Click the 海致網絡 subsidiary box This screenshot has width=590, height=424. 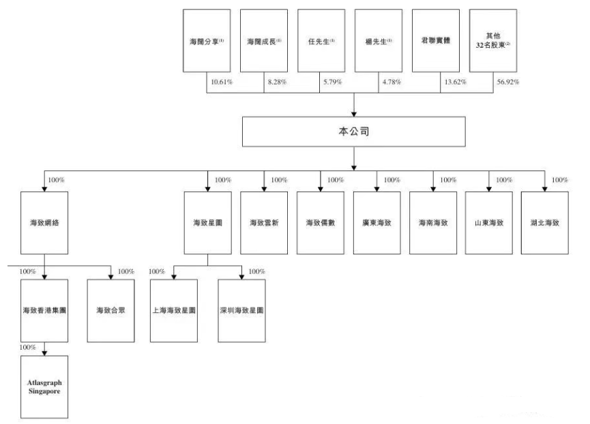point(44,223)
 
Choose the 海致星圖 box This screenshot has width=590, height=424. point(208,223)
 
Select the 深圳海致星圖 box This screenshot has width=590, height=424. point(241,310)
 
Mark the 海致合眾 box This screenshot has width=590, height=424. point(110,310)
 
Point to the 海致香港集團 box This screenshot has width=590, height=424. point(44,310)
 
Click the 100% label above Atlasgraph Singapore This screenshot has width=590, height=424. point(28,348)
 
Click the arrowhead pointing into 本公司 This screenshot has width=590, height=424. point(355,112)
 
